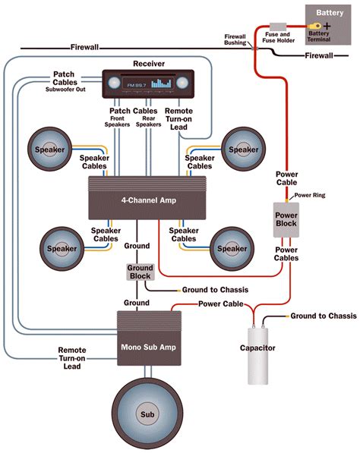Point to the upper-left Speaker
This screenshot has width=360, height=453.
coord(50,150)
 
